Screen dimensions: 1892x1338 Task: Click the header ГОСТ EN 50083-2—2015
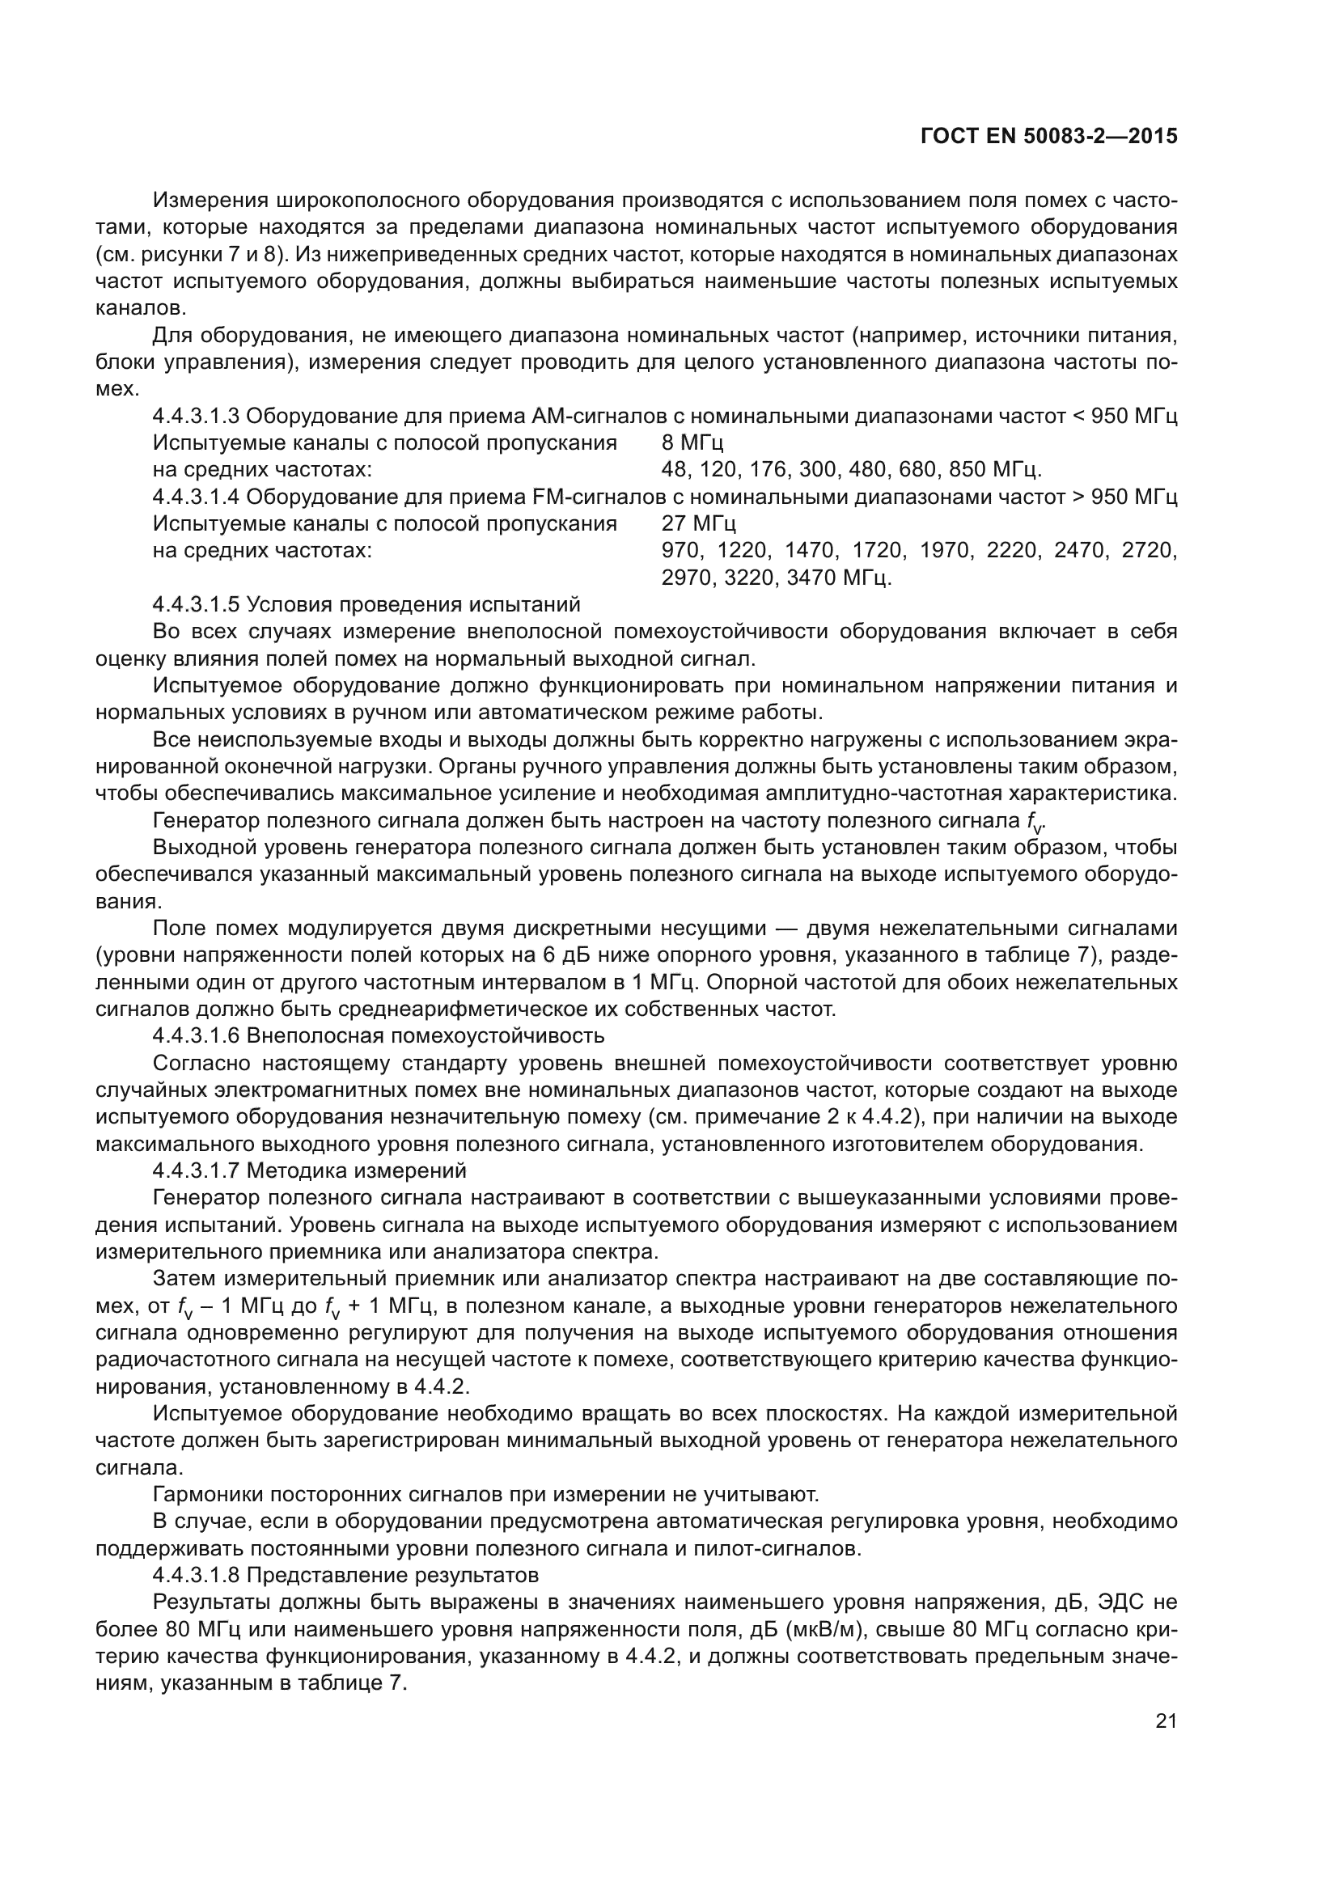click(x=1048, y=137)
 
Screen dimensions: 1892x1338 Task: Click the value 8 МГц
click(x=693, y=443)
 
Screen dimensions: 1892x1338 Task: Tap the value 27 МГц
click(x=699, y=524)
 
